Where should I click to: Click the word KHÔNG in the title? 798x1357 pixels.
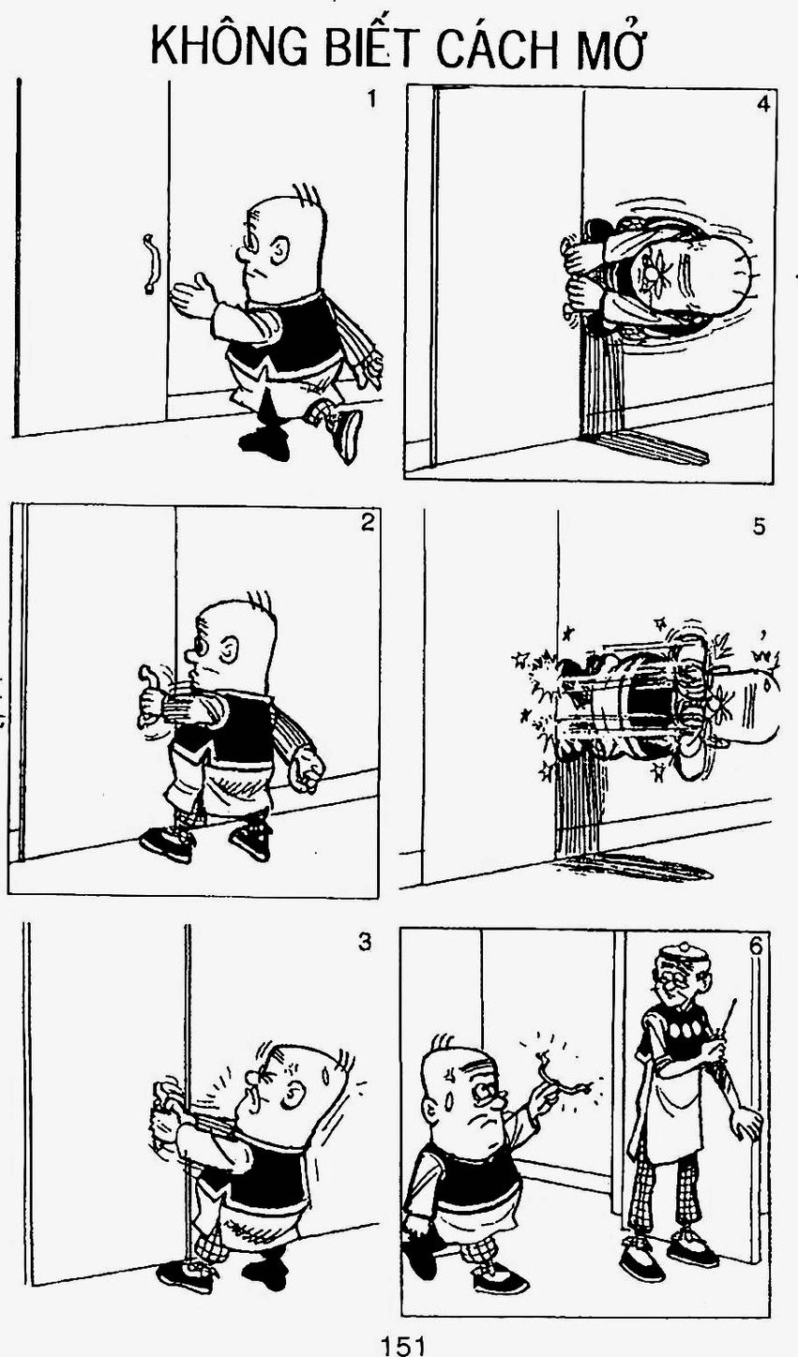(230, 48)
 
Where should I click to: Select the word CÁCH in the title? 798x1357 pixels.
(497, 46)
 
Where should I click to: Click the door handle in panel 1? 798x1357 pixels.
(148, 264)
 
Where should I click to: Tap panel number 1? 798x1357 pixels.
(371, 98)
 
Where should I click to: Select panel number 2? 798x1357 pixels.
(367, 522)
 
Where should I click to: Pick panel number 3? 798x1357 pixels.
(364, 942)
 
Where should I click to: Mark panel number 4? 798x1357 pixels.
(763, 104)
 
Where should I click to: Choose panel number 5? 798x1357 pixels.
(760, 527)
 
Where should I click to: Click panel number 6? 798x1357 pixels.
(756, 947)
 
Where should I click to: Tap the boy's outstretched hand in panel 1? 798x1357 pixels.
(193, 296)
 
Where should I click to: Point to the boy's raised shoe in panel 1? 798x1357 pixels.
(346, 432)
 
